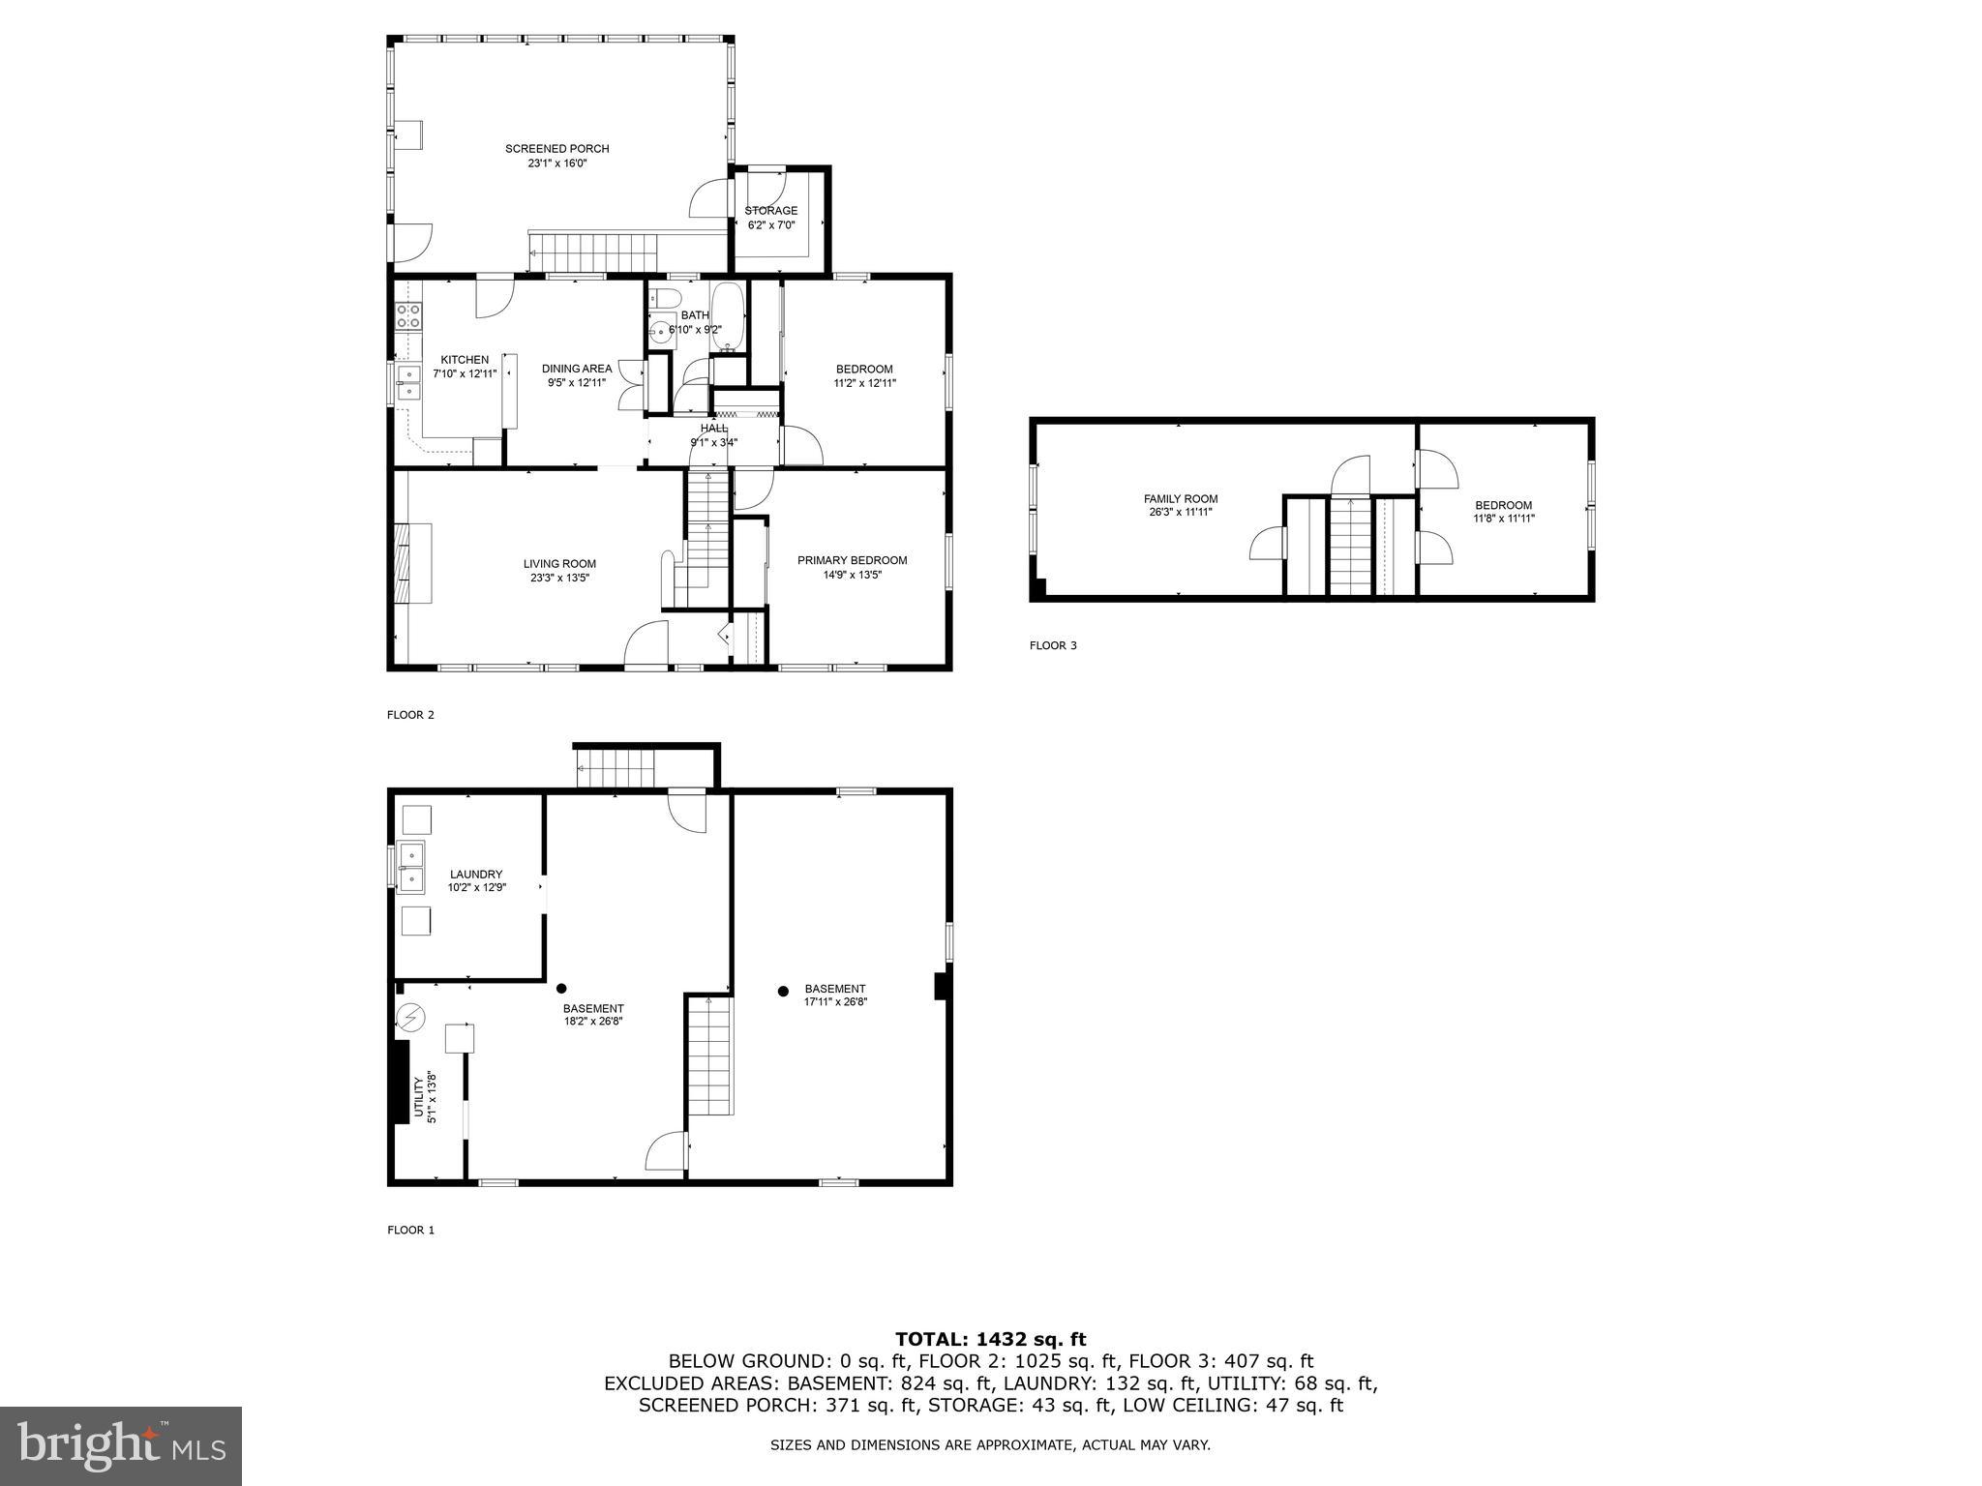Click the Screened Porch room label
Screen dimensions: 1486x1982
coord(556,149)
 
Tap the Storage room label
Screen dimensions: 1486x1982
coord(770,211)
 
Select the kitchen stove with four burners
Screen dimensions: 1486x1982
coord(408,315)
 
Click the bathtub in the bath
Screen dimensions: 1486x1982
coord(727,317)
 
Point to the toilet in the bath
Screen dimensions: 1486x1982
coord(666,298)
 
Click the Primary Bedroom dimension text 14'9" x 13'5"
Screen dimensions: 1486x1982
coord(852,575)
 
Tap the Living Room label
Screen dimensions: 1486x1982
coord(559,564)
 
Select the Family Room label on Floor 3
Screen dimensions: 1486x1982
coord(1180,499)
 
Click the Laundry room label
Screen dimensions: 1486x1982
coord(476,875)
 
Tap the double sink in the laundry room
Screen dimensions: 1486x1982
coord(411,867)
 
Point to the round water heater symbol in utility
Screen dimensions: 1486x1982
coord(410,1018)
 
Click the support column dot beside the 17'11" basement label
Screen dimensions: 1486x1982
coord(783,991)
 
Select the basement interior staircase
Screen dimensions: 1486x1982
coord(710,1059)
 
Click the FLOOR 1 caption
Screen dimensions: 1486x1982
coord(411,1231)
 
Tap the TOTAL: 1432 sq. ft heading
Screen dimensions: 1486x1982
coord(990,1339)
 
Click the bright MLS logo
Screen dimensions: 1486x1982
coord(121,1446)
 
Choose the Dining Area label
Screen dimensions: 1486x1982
coord(576,369)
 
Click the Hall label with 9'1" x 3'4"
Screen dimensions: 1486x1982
coord(713,429)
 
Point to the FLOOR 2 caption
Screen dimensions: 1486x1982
coord(411,715)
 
